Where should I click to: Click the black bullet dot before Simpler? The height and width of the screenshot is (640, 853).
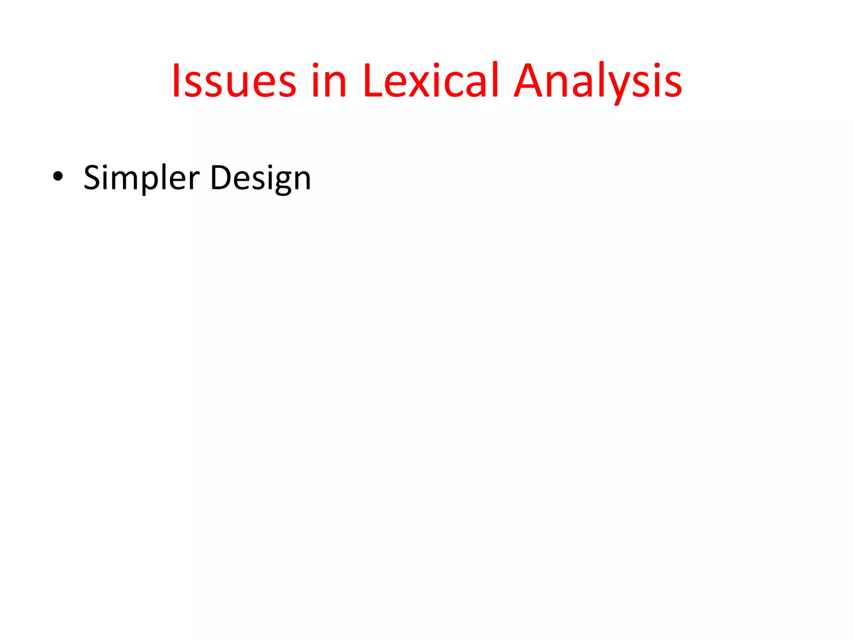click(58, 177)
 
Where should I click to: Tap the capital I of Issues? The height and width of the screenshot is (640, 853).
click(176, 80)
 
